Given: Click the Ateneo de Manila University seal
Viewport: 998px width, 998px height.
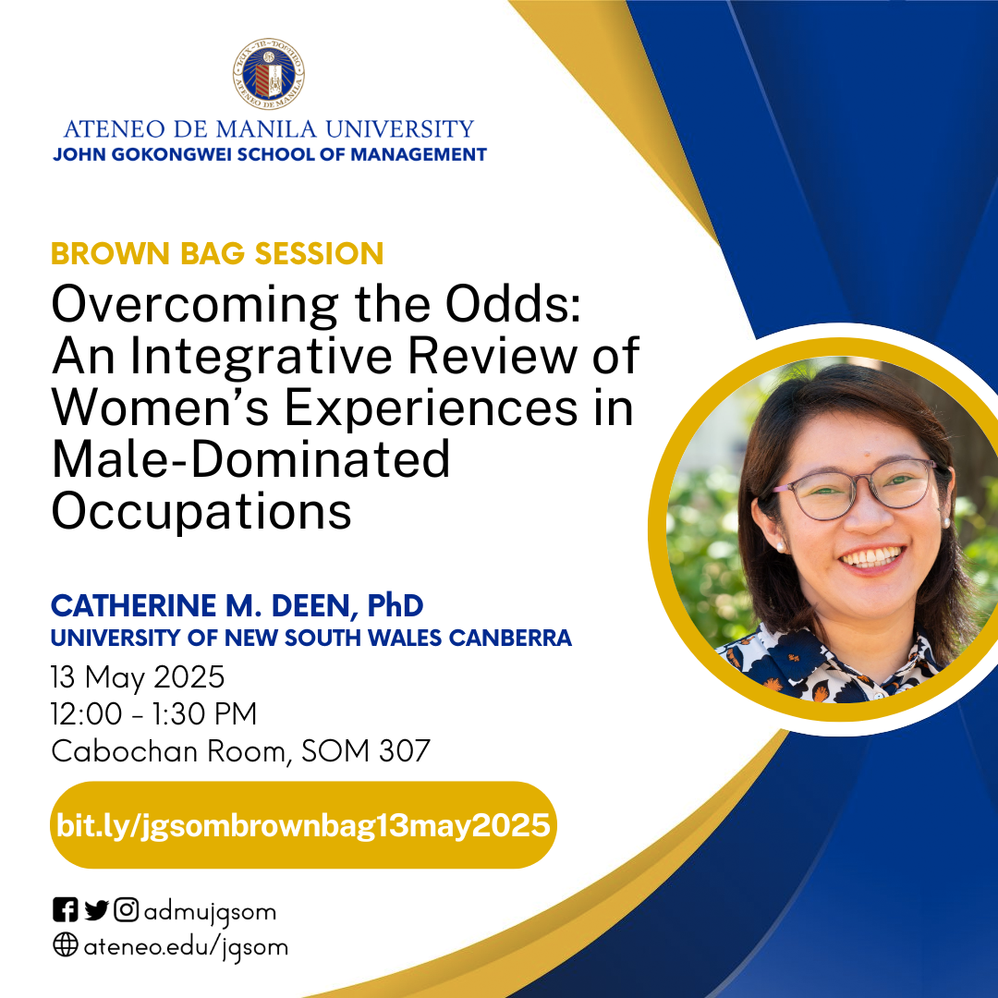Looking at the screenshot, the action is [x=269, y=73].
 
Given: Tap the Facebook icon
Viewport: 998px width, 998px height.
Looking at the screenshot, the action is [x=65, y=909].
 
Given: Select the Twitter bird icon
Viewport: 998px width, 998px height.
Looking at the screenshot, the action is [x=96, y=910].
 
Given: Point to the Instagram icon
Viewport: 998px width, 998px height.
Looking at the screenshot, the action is [x=126, y=909].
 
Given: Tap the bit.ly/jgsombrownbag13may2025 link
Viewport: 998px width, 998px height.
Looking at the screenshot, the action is [x=303, y=825].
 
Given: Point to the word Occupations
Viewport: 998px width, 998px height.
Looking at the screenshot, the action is [x=201, y=512].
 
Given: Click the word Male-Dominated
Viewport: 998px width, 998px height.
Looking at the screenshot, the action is [x=250, y=459].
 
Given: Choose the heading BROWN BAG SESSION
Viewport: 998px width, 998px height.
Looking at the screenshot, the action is [x=217, y=253].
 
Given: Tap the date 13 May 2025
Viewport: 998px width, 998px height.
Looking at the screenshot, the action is [x=138, y=677].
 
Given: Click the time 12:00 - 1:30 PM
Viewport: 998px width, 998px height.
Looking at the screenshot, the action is [x=154, y=714].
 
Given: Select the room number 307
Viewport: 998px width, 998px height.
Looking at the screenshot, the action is [x=405, y=751].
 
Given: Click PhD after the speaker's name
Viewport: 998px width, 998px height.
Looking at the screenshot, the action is [x=395, y=606].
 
